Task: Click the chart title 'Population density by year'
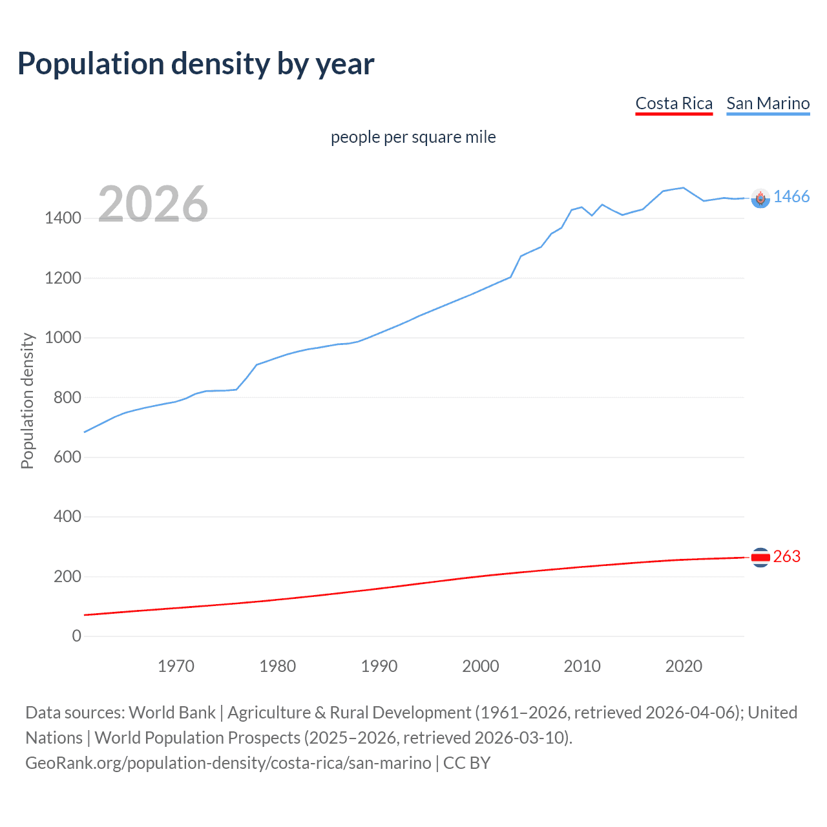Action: click(196, 64)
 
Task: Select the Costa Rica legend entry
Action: click(674, 103)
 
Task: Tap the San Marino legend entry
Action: click(768, 103)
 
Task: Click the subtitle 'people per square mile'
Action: click(413, 137)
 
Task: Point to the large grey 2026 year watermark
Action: click(153, 204)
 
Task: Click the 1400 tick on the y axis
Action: click(63, 218)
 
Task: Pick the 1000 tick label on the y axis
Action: click(63, 338)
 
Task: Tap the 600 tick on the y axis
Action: click(67, 457)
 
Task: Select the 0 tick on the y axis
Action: click(76, 636)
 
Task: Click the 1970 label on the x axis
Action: click(176, 666)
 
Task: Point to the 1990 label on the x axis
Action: click(379, 666)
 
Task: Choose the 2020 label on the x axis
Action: click(684, 666)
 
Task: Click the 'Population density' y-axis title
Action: click(27, 401)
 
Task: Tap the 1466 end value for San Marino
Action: click(791, 197)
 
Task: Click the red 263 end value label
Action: click(786, 556)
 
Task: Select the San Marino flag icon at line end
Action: click(760, 198)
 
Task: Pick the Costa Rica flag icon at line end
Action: click(760, 557)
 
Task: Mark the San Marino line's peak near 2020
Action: click(683, 187)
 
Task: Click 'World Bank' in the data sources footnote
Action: click(172, 713)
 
